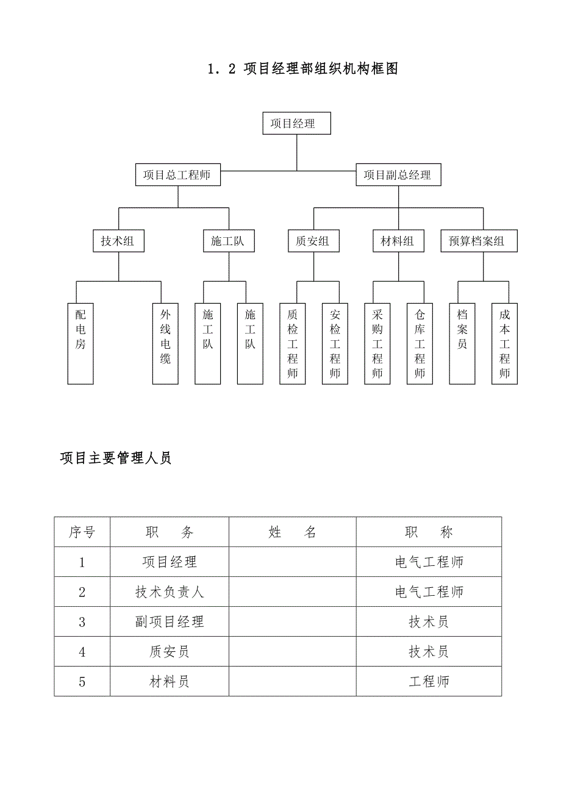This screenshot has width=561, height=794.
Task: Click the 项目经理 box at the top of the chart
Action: click(296, 123)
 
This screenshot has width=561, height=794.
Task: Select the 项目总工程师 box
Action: click(177, 175)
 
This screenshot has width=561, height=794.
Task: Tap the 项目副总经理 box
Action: click(398, 175)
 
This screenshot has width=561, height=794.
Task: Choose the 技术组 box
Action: click(118, 241)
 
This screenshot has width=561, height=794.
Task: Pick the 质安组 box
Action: click(313, 241)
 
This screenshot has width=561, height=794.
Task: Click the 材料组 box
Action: click(398, 241)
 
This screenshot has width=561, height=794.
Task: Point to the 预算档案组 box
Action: click(479, 241)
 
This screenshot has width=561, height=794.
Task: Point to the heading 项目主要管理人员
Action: click(116, 458)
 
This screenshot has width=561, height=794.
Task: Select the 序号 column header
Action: click(82, 532)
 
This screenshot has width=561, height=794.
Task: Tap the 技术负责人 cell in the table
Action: click(170, 592)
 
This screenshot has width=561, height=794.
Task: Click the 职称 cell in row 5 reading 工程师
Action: click(429, 682)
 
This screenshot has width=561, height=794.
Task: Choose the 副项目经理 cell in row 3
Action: click(170, 622)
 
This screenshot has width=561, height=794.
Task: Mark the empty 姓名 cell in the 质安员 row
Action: click(293, 652)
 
